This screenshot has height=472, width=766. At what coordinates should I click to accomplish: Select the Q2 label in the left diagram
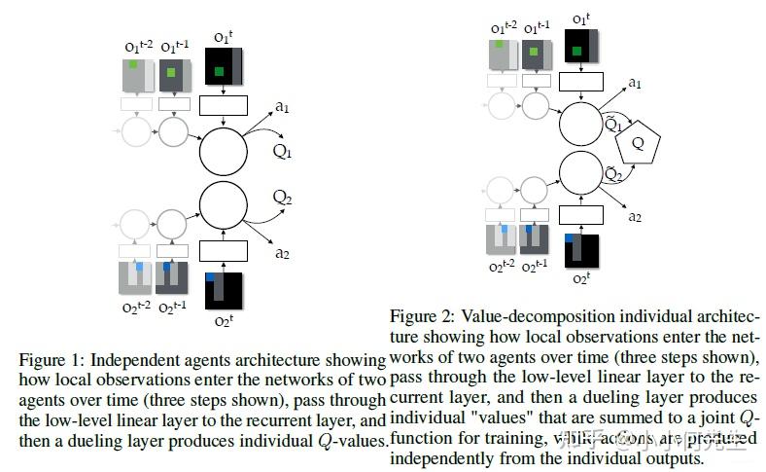point(282,198)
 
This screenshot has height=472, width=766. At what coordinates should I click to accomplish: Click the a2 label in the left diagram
point(282,253)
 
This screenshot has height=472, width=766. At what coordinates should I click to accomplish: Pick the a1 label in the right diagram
point(634,83)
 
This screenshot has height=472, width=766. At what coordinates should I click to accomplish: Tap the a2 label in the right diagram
point(634,216)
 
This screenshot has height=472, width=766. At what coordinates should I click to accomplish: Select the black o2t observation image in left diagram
point(224,293)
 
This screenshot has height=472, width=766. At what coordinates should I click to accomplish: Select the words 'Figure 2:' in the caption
point(418,317)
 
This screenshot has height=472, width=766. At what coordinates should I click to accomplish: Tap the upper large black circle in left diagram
point(225,150)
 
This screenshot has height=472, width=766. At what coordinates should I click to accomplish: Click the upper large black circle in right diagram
point(580,123)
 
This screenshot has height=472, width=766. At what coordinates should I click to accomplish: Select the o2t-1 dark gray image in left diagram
point(171,276)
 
